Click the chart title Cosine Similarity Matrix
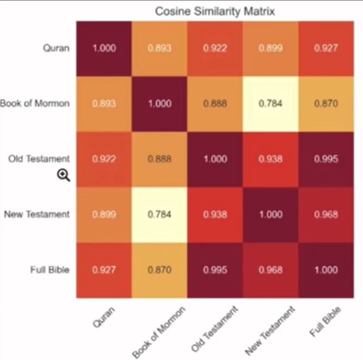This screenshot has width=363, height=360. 215,11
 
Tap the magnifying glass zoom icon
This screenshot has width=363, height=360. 64,176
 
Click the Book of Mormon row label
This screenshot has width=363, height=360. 35,104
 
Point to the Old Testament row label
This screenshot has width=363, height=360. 39,159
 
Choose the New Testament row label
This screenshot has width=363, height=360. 37,214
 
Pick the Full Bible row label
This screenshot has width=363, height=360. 50,270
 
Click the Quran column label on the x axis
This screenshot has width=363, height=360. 104,317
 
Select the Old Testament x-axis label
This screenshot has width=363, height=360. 215,329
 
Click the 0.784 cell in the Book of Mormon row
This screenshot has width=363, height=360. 271,104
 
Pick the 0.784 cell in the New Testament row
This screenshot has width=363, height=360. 159,214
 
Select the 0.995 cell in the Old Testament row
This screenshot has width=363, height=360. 326,159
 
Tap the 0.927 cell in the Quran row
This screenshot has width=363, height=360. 326,48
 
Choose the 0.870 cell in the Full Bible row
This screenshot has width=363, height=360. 159,270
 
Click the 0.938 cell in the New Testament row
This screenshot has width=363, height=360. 215,214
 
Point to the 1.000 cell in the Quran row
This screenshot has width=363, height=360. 104,48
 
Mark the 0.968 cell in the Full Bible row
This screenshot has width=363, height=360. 271,270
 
